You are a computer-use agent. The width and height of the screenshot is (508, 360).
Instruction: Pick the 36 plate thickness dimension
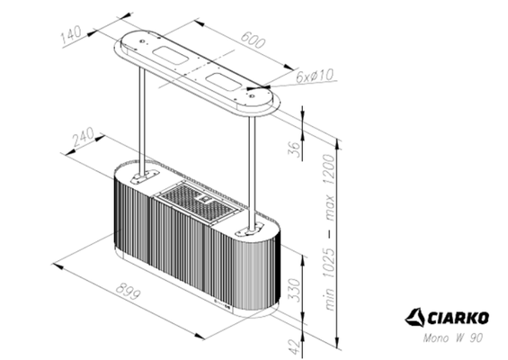tap(293, 149)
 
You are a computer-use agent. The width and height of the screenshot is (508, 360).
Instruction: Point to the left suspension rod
tap(141, 121)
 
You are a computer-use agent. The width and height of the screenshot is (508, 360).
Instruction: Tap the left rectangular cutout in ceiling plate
tap(172, 57)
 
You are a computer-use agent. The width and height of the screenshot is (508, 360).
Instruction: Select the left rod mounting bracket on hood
tap(140, 177)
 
